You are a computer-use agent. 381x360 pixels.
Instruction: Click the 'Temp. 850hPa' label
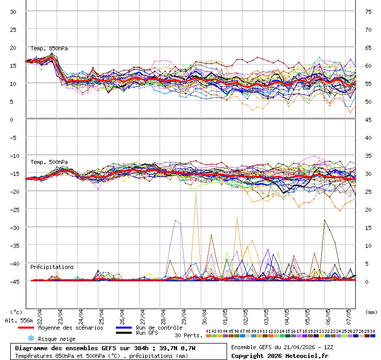[x=49, y=49]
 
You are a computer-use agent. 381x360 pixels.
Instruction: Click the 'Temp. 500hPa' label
[x=49, y=162]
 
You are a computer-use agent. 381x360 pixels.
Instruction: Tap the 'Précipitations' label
[x=51, y=267]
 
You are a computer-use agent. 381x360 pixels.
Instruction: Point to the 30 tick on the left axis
[x=13, y=12]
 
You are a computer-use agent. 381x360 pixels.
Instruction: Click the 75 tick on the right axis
[x=369, y=12]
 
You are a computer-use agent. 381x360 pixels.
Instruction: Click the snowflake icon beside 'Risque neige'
[x=30, y=338]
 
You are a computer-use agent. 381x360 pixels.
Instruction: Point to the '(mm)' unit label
[x=371, y=312]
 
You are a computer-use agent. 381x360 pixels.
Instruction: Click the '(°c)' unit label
[x=16, y=312]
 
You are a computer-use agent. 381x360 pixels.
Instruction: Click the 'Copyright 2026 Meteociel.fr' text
[x=280, y=356]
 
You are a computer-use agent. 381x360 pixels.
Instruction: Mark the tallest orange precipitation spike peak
[x=196, y=193]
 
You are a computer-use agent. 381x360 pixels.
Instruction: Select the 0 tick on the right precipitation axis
[x=367, y=281]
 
